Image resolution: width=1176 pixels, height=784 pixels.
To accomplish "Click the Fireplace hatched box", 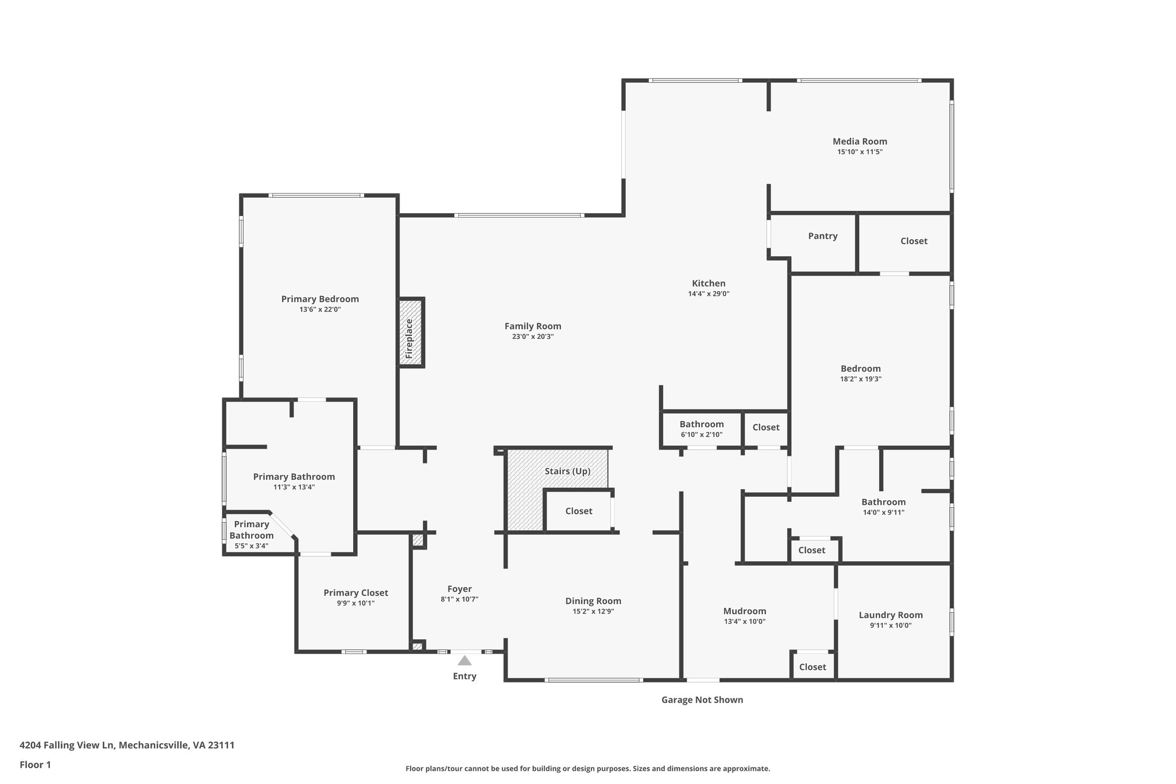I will tap(411, 333).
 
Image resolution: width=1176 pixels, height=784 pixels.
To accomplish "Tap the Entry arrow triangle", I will tap(465, 661).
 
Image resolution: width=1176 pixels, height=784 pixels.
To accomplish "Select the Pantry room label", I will tap(822, 236).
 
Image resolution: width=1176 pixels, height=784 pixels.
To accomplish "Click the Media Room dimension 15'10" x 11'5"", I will tap(860, 152).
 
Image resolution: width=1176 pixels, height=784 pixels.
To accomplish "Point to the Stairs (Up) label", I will tap(567, 472).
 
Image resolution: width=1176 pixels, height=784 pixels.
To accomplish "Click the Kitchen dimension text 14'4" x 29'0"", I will tap(709, 294).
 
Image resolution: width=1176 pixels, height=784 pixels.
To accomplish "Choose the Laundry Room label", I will tap(891, 615).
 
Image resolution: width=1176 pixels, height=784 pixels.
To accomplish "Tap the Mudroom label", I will tap(744, 611).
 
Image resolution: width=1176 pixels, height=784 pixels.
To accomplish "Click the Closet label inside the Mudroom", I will tap(812, 667).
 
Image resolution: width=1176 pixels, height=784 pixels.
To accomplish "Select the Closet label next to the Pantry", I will tap(914, 241).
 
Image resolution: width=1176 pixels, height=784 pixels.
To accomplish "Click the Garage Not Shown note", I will tap(702, 700).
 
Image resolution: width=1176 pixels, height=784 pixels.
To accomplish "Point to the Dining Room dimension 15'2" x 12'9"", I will tap(593, 612).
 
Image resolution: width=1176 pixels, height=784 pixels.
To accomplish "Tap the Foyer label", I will tap(459, 589).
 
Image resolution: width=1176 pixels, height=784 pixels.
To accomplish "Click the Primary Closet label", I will tap(355, 593).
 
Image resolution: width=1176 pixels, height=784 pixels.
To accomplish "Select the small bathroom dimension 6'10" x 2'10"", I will tap(702, 435).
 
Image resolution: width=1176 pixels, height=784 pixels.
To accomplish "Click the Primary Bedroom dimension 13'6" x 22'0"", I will tap(320, 310).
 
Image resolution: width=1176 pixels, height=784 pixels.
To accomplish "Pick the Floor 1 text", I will tap(36, 764).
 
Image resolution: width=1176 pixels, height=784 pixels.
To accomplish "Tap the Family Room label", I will tap(532, 326).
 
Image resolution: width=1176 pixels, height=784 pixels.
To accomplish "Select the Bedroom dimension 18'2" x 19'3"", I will tap(860, 379).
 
